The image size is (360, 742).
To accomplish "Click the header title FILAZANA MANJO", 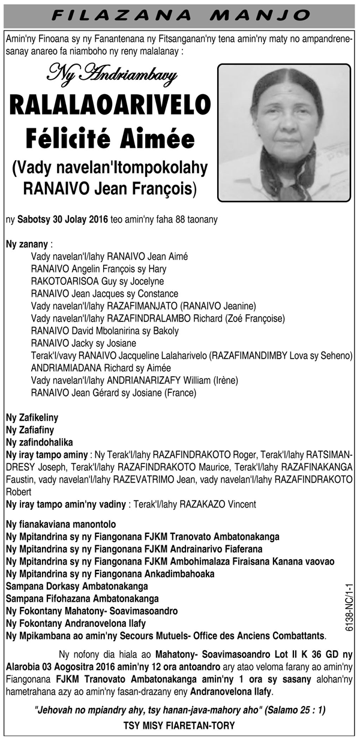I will coord(180,14).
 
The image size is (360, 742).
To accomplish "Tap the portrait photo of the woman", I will coord(283,133).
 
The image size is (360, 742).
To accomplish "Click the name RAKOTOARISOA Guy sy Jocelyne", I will coord(97,281).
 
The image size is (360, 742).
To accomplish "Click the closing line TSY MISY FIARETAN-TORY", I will coord(180,726).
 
